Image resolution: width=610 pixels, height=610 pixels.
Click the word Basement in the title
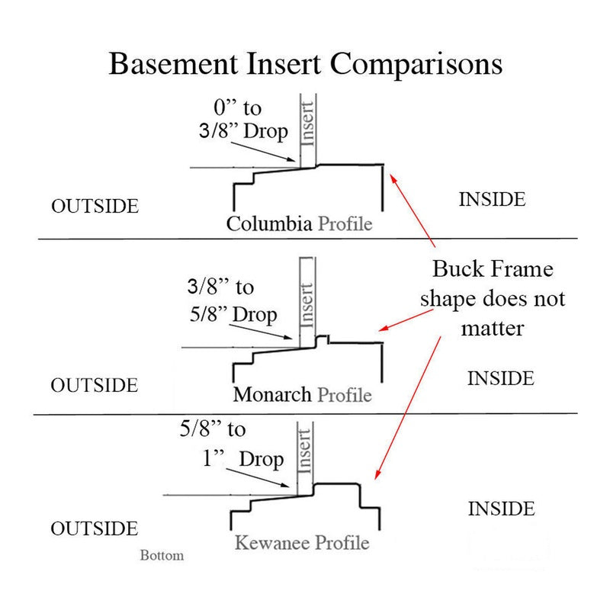tap(173, 63)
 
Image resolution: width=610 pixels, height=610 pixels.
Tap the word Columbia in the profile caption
tap(269, 223)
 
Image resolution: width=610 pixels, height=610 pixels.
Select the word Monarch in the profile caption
tap(272, 394)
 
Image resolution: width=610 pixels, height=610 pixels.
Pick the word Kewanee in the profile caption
tap(271, 542)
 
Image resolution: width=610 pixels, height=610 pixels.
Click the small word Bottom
tap(162, 555)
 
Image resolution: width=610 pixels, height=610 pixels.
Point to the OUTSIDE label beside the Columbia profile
tap(95, 206)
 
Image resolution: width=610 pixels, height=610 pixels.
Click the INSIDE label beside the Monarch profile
tap(501, 378)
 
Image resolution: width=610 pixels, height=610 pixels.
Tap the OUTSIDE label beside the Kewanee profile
tap(95, 528)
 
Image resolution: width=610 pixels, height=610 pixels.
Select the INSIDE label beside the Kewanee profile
tap(502, 509)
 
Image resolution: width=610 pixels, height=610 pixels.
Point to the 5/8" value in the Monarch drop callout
tap(208, 314)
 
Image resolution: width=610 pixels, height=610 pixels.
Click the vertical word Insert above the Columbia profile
tap(308, 124)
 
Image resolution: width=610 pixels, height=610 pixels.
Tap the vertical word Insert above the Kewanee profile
tap(304, 451)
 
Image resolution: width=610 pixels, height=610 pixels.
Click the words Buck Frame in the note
tap(493, 269)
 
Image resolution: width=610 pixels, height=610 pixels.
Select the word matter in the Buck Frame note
tap(493, 329)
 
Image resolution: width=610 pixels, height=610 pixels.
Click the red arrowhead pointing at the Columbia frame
tap(393, 178)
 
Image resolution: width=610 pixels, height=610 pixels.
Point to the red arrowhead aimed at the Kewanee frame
tap(377, 474)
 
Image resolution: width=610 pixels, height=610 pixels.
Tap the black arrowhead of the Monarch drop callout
tap(288, 337)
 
